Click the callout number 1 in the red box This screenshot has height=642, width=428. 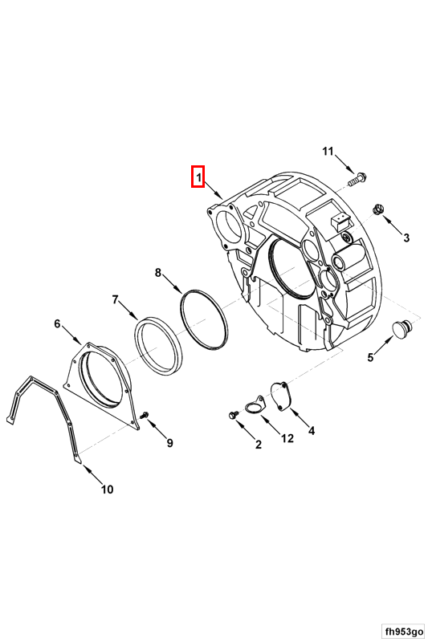pos(198,177)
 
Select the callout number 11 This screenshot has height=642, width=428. pos(328,152)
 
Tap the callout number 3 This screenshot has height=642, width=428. pos(406,238)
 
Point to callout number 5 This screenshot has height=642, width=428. pos(370,357)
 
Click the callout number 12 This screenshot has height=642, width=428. pos(287,438)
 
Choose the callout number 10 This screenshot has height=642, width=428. pos(108,489)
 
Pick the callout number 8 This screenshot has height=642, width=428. pos(158,272)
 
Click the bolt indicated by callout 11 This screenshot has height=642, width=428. pos(357,180)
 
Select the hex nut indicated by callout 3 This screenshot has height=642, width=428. pos(377,210)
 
